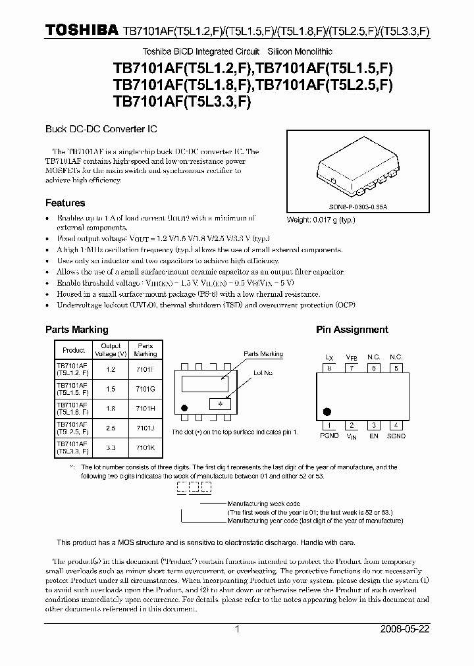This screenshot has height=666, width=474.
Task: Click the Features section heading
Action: click(x=65, y=203)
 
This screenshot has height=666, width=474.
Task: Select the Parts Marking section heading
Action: click(x=76, y=330)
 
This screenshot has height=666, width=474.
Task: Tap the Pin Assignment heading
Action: click(x=352, y=330)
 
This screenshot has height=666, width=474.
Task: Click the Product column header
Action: click(x=74, y=349)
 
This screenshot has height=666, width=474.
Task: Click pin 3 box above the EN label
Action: click(x=373, y=425)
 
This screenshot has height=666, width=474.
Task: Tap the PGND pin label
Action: click(x=329, y=436)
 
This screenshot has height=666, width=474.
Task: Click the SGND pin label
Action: click(x=396, y=436)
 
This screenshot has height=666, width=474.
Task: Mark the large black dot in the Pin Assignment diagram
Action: click(x=328, y=412)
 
